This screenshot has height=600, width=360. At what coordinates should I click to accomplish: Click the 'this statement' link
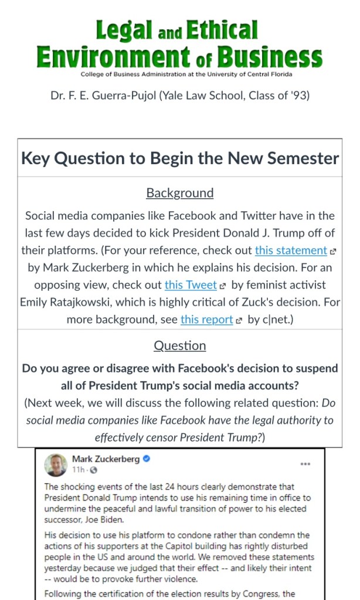pyautogui.click(x=291, y=250)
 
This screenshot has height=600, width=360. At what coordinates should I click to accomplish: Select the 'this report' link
pyautogui.click(x=206, y=320)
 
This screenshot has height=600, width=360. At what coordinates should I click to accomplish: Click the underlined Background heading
pyautogui.click(x=180, y=193)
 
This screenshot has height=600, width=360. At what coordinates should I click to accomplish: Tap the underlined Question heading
pyautogui.click(x=180, y=345)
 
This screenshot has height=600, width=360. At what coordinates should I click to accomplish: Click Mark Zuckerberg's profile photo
pyautogui.click(x=56, y=465)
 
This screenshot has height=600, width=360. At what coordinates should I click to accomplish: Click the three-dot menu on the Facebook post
pyautogui.click(x=305, y=463)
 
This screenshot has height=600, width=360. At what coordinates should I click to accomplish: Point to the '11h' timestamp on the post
pyautogui.click(x=77, y=470)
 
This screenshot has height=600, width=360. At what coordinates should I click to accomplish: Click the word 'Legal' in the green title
pyautogui.click(x=124, y=30)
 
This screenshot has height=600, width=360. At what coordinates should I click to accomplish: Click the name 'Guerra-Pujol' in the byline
pyautogui.click(x=123, y=94)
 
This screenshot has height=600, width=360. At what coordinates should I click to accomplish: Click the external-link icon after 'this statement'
pyautogui.click(x=333, y=251)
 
